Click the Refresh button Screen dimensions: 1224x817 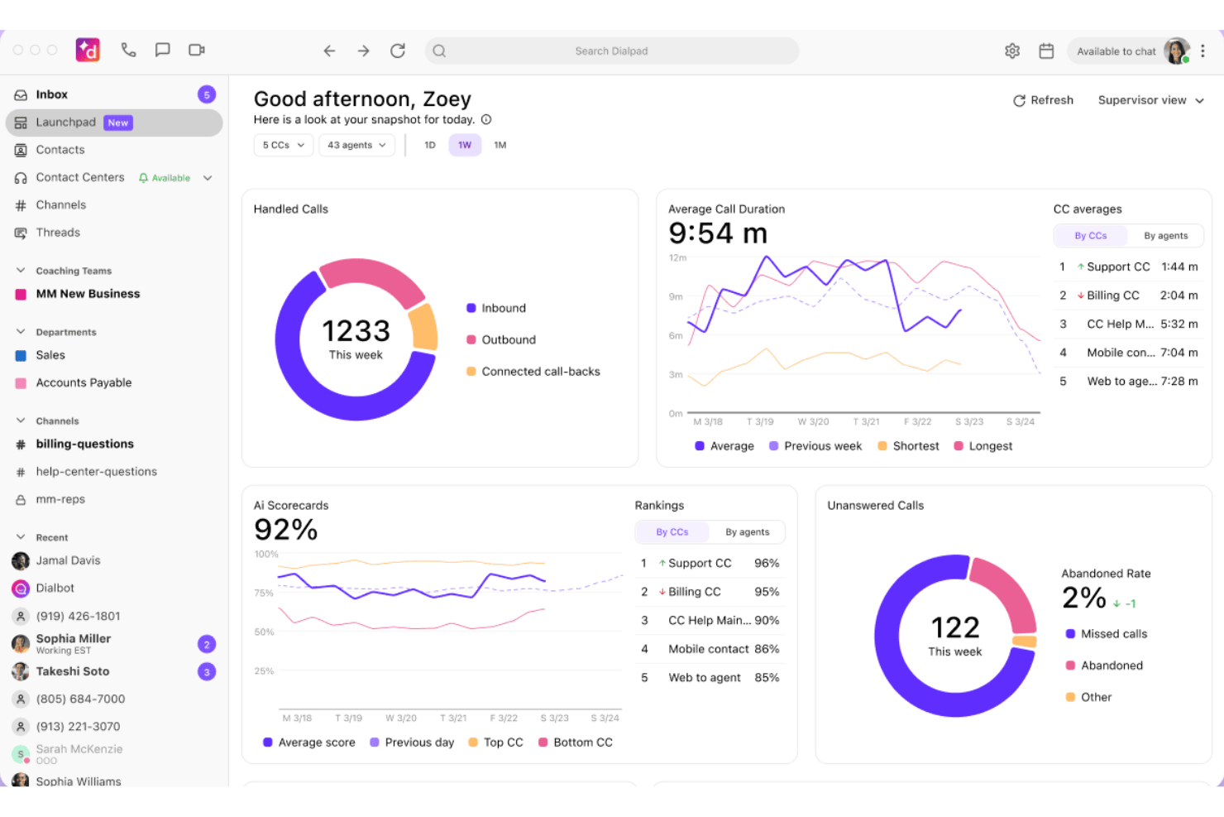point(1043,101)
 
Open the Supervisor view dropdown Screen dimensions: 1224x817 point(1150,101)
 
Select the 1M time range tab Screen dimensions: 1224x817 point(500,145)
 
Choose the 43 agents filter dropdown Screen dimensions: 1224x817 point(356,145)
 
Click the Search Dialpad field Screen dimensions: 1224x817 point(611,50)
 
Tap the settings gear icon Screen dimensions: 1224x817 point(1012,50)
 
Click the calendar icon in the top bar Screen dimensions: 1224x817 point(1046,50)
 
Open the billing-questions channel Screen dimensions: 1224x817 point(84,444)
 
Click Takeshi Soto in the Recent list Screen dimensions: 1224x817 point(73,671)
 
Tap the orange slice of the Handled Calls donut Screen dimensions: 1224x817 point(424,327)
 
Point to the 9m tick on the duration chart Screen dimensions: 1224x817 point(676,297)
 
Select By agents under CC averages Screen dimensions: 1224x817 point(1165,236)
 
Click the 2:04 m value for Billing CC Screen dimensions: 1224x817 point(1179,296)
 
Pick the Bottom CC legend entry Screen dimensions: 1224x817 point(576,743)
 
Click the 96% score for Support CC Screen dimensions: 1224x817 point(767,563)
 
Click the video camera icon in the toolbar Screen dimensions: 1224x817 point(197,50)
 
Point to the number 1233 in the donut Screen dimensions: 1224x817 point(356,331)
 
